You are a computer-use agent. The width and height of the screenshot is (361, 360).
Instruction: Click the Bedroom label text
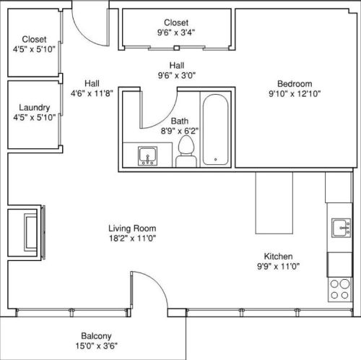coord(294,82)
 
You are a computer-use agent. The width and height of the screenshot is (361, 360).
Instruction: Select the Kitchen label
coord(277,257)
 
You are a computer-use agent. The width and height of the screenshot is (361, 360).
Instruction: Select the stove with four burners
coord(339,289)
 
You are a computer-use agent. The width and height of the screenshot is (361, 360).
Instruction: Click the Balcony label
coord(95,336)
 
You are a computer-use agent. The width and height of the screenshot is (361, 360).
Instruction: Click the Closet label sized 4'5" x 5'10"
coord(34,39)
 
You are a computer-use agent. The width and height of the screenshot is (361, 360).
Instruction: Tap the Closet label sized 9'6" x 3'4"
coord(176,22)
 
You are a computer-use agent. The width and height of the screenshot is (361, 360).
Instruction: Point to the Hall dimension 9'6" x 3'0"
coord(176,74)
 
